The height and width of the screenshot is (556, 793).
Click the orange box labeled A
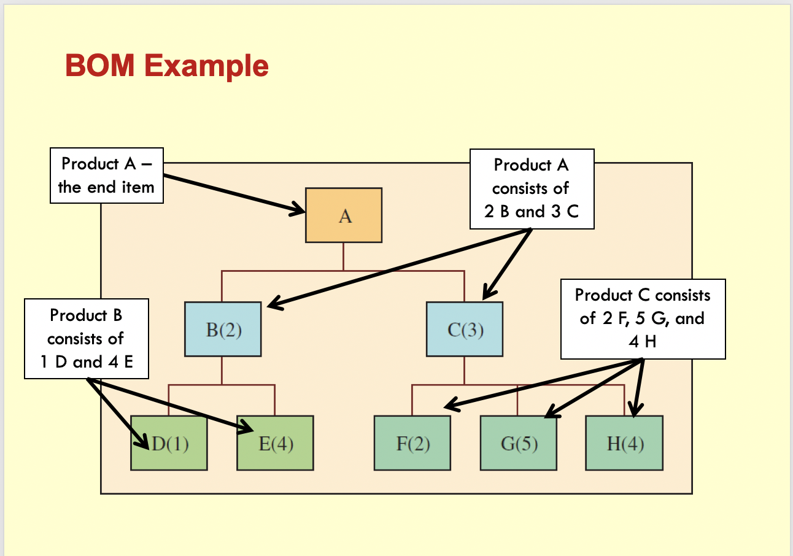(344, 215)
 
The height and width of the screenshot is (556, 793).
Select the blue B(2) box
(223, 329)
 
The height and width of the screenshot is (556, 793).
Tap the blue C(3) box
(465, 329)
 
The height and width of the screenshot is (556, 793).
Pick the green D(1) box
(169, 443)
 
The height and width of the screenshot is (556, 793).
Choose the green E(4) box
(275, 443)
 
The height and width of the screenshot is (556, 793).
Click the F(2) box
(412, 443)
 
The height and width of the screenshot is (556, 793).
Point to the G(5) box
(519, 443)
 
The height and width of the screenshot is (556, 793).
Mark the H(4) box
(624, 443)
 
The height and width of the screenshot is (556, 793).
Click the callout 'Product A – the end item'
(106, 176)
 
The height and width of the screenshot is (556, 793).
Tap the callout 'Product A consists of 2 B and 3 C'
(532, 188)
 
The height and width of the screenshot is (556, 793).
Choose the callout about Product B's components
(87, 339)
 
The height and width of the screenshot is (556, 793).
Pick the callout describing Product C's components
(643, 319)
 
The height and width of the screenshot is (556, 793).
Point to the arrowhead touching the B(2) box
(273, 303)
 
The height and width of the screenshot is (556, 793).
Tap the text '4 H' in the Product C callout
(643, 342)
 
